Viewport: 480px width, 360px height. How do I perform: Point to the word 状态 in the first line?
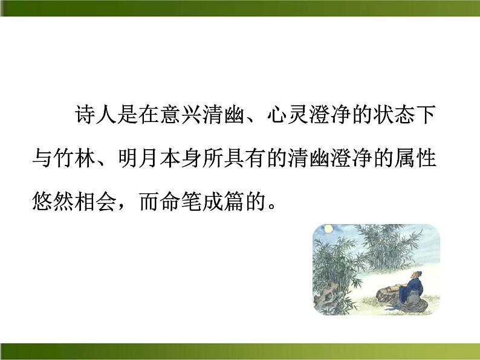coord(395,115)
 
